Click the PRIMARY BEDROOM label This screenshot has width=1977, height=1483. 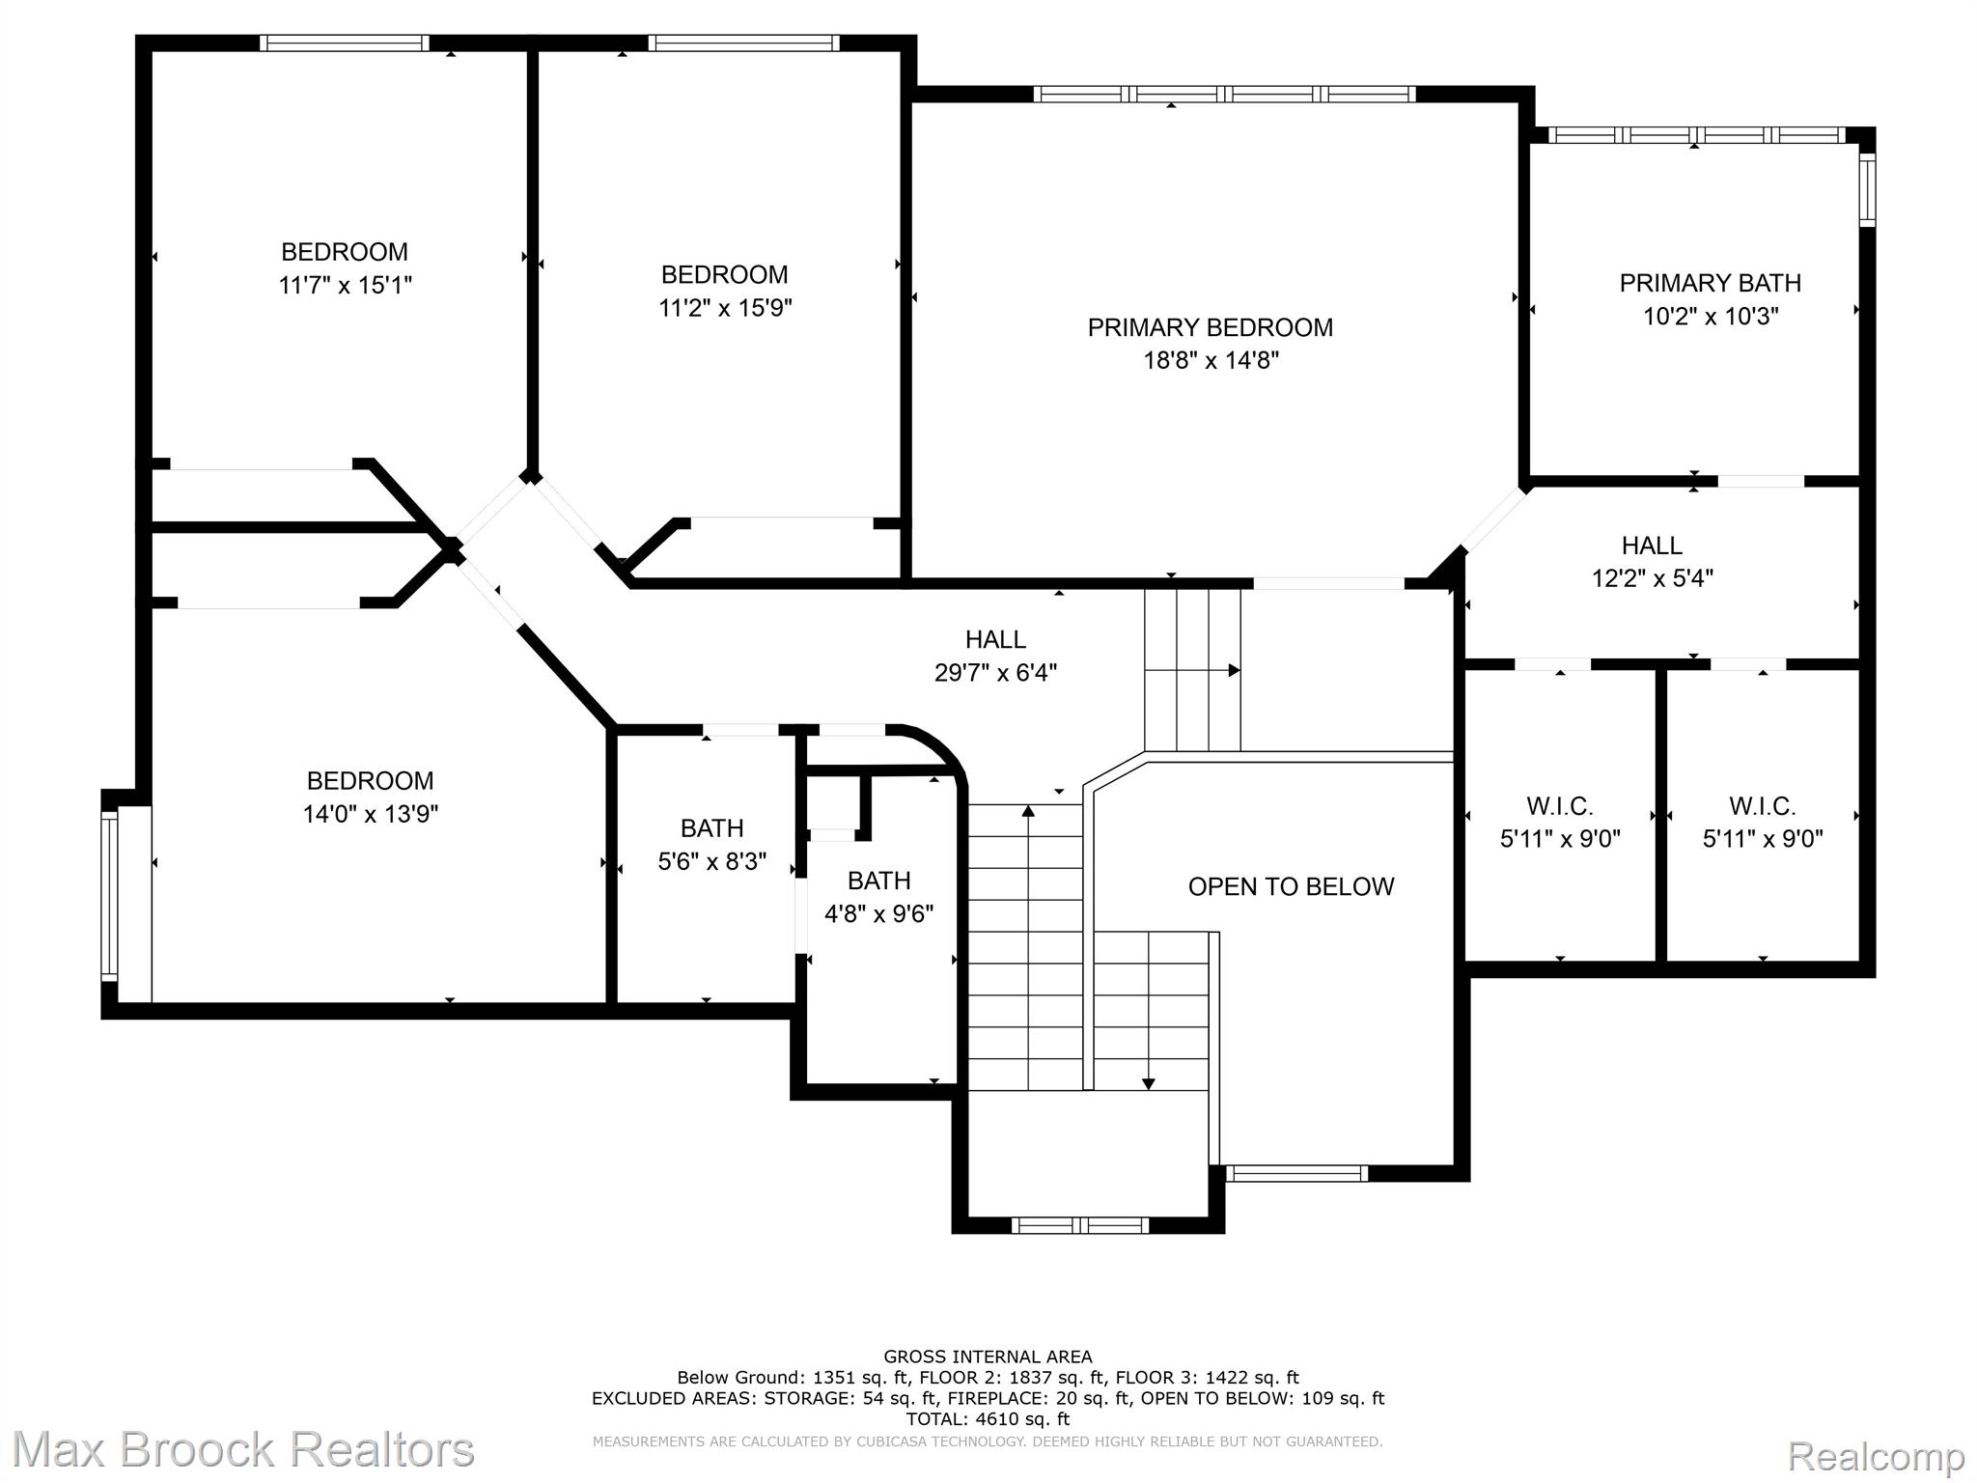coord(1210,327)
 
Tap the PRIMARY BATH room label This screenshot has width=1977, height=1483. coord(1710,283)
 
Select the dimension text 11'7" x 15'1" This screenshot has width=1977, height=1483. coord(345,285)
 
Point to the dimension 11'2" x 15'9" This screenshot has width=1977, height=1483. coord(725,307)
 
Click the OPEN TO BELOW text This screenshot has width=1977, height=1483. coord(1291,886)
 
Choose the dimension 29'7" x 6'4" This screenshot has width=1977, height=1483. coord(995,672)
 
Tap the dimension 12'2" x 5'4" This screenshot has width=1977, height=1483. coord(1652,578)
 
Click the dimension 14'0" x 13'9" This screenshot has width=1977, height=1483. coord(370,814)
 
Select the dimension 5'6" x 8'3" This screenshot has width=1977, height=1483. coord(712,861)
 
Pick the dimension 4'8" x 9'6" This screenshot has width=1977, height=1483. coord(878,913)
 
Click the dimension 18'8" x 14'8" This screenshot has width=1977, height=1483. coord(1211,360)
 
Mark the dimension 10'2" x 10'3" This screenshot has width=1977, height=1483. coord(1711,316)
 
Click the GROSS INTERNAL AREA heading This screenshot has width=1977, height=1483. coord(988,1357)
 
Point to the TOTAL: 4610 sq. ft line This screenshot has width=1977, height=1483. coord(988,1419)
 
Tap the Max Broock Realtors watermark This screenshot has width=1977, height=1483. coord(243,1450)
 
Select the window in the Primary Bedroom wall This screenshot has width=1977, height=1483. coord(1224,94)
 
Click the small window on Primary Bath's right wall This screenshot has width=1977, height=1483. coord(1867,190)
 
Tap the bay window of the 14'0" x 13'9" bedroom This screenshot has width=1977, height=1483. coord(110,896)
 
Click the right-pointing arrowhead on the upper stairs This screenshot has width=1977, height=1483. coord(1234,670)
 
